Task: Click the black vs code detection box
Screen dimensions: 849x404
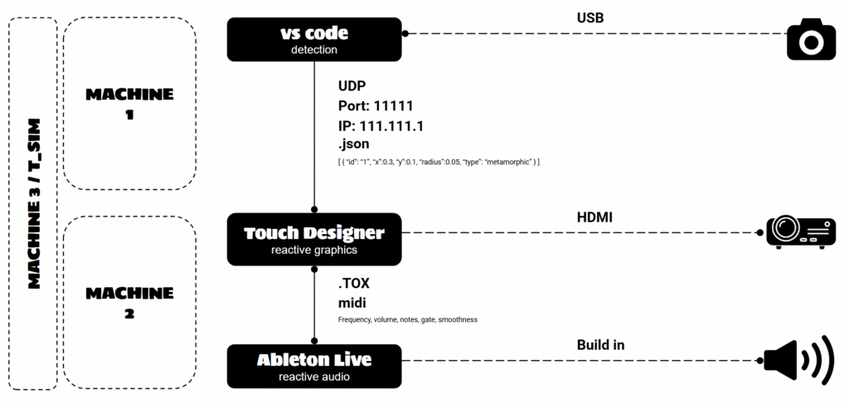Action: click(314, 39)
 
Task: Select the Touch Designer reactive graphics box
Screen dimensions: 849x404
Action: click(314, 239)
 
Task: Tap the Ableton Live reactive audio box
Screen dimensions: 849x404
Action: click(314, 366)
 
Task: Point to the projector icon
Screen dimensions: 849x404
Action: click(799, 233)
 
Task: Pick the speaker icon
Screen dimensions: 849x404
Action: click(798, 360)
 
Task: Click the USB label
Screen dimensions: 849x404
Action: click(590, 18)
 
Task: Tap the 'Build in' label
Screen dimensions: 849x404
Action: click(600, 345)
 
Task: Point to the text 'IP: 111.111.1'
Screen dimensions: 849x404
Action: click(381, 126)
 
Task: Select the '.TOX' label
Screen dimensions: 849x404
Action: click(354, 285)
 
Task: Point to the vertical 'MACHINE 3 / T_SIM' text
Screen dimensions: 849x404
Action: click(33, 203)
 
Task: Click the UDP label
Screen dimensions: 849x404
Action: click(351, 86)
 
